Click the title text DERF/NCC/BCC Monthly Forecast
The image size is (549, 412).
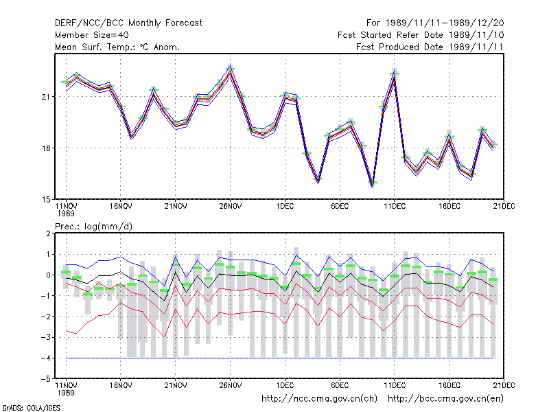click(x=128, y=23)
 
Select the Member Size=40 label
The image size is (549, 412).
click(x=92, y=35)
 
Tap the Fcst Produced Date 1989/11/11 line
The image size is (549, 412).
click(x=430, y=47)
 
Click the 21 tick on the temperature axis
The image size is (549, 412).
click(x=46, y=97)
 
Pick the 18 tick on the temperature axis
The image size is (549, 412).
click(x=46, y=148)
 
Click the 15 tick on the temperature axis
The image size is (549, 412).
click(x=46, y=200)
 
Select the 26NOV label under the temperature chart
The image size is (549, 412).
click(x=231, y=207)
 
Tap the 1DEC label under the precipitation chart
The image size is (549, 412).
click(x=285, y=385)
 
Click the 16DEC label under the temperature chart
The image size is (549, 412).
click(x=449, y=207)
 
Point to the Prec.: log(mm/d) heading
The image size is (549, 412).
click(x=93, y=227)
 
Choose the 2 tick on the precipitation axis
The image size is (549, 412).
click(x=48, y=233)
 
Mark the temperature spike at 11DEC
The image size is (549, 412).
click(x=394, y=73)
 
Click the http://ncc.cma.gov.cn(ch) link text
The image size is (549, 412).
click(x=319, y=399)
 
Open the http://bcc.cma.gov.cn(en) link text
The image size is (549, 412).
click(x=445, y=399)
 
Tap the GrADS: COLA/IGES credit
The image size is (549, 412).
click(x=31, y=408)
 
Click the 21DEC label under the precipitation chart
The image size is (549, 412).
click(x=504, y=385)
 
